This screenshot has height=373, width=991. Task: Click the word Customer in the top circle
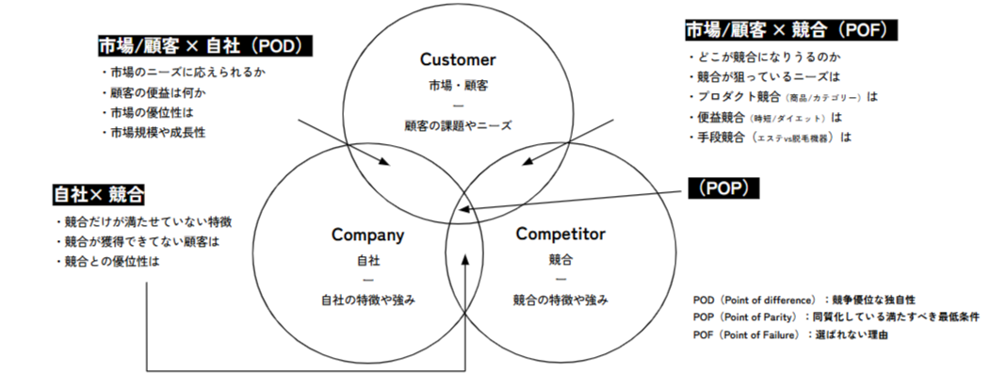coord(457,59)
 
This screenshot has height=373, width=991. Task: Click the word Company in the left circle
coord(367,235)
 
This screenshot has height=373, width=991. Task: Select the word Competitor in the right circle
coord(560,234)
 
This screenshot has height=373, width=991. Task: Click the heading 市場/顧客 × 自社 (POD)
coord(204,45)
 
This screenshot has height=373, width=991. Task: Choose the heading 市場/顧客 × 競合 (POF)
coord(790,31)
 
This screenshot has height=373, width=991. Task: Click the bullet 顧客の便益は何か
coord(153,92)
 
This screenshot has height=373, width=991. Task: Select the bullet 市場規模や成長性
coord(153,133)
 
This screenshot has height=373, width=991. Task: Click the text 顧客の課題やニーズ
coord(458,124)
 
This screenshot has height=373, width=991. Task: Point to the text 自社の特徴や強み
coord(367,300)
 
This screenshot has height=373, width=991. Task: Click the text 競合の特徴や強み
coord(560,300)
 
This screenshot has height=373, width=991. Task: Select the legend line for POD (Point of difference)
coord(804,300)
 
